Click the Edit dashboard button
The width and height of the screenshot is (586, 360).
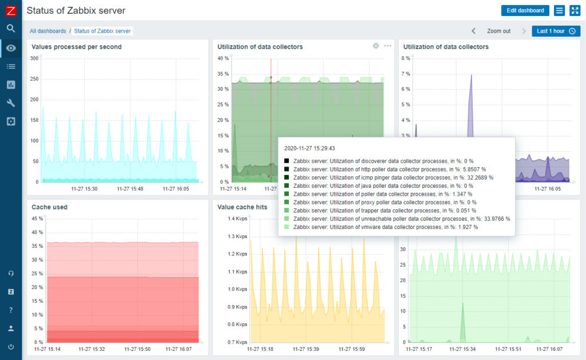pyautogui.click(x=525, y=10)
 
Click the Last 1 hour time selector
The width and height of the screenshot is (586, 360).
pyautogui.click(x=556, y=31)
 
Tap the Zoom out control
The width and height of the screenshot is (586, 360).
pyautogui.click(x=498, y=31)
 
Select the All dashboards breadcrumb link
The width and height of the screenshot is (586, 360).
pyautogui.click(x=47, y=31)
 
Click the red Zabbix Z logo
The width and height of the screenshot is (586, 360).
pyautogui.click(x=10, y=10)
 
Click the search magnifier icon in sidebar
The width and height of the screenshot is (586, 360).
pyautogui.click(x=11, y=29)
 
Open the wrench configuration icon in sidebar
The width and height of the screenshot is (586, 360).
pyautogui.click(x=11, y=103)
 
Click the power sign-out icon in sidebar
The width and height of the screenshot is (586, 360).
pyautogui.click(x=11, y=346)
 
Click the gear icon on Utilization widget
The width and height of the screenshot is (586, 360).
pyautogui.click(x=376, y=46)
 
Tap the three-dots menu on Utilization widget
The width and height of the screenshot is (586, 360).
pyautogui.click(x=388, y=46)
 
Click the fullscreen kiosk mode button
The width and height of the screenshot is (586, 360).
pyautogui.click(x=575, y=10)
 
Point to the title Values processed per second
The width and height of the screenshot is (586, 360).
pyautogui.click(x=76, y=46)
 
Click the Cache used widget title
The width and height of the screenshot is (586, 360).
pyautogui.click(x=49, y=207)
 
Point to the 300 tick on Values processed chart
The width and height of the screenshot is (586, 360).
pyautogui.click(x=34, y=58)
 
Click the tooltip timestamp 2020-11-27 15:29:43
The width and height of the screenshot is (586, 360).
pyautogui.click(x=310, y=148)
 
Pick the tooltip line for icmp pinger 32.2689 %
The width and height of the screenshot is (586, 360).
pyautogui.click(x=393, y=177)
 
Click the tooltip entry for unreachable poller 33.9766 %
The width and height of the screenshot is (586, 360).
pyautogui.click(x=401, y=219)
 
